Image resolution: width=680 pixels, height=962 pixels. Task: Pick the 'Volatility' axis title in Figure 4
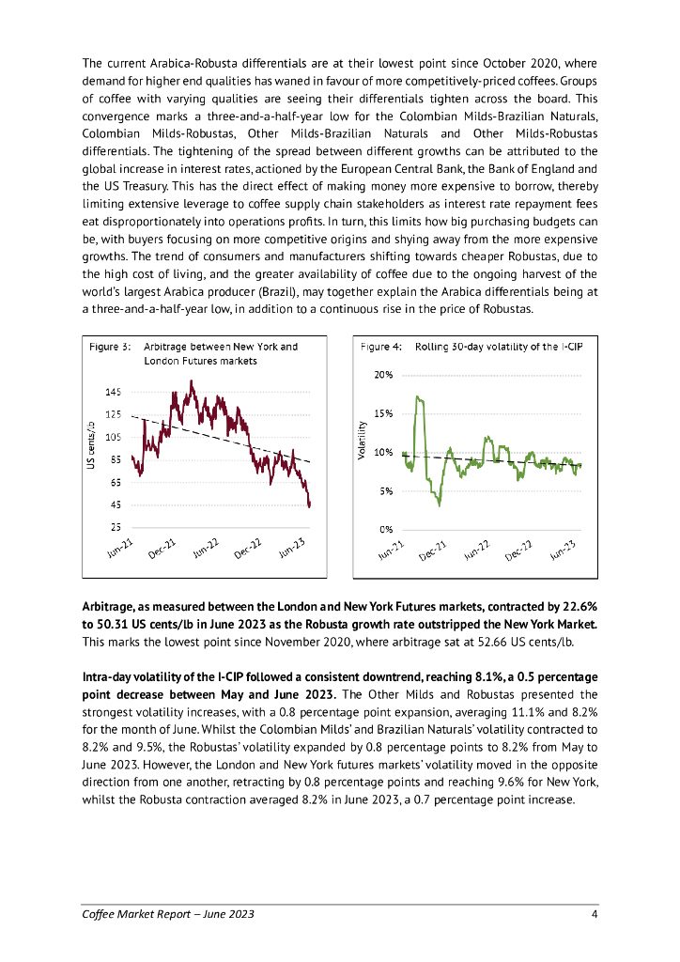click(361, 440)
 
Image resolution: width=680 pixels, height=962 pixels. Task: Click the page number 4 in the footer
click(594, 914)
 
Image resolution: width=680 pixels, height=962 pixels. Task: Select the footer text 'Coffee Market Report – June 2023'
click(168, 914)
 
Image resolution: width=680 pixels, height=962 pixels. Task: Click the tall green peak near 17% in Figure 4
click(420, 399)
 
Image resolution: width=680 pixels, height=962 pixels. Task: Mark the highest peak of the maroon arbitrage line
click(192, 381)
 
